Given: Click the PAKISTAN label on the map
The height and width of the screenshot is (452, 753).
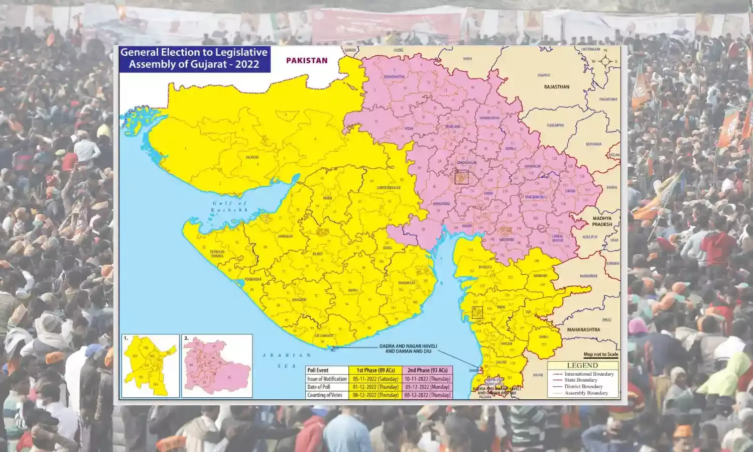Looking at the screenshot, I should [x=307, y=60].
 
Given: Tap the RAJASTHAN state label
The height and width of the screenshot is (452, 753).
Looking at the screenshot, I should [x=557, y=87].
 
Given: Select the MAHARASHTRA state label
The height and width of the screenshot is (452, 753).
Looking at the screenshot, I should [x=583, y=330].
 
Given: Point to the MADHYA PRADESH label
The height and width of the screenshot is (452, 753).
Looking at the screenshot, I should [x=602, y=221].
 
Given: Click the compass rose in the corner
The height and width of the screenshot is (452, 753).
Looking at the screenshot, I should [x=605, y=61].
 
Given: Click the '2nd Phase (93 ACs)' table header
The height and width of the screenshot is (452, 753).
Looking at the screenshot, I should [x=427, y=371].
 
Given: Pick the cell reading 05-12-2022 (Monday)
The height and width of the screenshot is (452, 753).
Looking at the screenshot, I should [x=428, y=387].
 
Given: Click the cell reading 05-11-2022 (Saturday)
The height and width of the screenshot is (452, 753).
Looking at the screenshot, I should [x=375, y=379].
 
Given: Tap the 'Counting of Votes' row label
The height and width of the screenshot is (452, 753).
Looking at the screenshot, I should [x=325, y=395].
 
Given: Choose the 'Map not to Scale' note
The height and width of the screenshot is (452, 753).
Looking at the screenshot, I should [x=600, y=355].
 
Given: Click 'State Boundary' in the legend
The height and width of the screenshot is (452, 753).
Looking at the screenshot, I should [x=581, y=380].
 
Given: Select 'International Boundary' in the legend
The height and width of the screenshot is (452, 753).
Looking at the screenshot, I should [x=589, y=374].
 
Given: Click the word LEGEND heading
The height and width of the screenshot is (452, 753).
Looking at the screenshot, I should [x=582, y=366].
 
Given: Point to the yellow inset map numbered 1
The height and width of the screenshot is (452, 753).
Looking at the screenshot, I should [x=150, y=366].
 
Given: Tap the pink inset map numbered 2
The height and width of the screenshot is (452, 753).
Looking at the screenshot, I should [x=217, y=366].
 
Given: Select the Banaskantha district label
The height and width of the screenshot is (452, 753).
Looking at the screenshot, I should [x=394, y=77].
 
